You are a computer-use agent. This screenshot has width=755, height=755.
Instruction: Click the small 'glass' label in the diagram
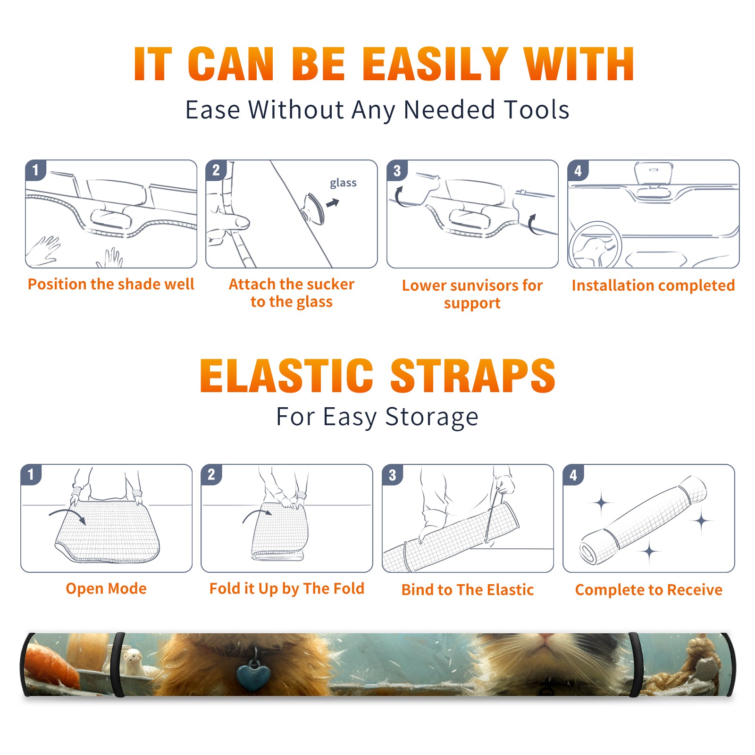click(x=343, y=183)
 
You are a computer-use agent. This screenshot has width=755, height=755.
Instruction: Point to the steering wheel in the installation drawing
click(x=595, y=245)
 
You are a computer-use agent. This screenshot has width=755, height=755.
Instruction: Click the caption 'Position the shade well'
click(x=111, y=284)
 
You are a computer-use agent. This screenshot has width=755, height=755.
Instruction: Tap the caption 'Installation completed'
click(x=653, y=285)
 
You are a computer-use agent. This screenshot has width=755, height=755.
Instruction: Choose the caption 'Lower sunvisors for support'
click(x=472, y=294)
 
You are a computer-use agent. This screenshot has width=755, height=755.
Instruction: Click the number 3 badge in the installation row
click(x=397, y=170)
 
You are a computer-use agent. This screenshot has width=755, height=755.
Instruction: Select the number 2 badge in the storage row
click(x=211, y=474)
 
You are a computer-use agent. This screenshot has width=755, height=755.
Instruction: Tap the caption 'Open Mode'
click(x=106, y=588)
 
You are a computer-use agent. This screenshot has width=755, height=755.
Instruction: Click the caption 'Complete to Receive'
click(x=649, y=590)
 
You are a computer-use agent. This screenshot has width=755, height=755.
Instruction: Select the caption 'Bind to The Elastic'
click(x=468, y=590)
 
